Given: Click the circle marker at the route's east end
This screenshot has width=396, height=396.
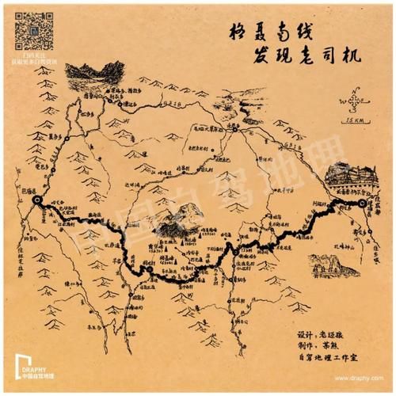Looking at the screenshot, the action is (x=362, y=204).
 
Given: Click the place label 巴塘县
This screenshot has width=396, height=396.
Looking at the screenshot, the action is (x=30, y=191).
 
